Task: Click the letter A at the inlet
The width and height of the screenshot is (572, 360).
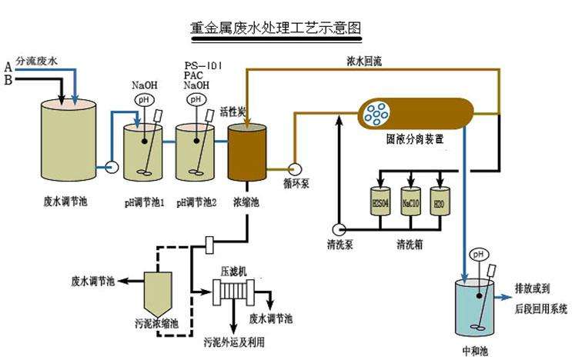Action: pos(8,66)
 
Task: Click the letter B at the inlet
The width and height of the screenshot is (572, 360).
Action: pos(8,78)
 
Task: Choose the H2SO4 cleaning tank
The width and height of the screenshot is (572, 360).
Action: pos(381,204)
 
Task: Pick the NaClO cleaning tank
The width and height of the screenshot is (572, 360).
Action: pos(410,204)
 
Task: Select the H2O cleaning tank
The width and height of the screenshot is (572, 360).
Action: pos(440,204)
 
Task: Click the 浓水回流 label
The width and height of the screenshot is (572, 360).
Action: pos(364,58)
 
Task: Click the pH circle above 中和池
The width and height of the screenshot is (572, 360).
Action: pos(478,254)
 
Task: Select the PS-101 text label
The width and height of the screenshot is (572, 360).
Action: pos(204,65)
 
